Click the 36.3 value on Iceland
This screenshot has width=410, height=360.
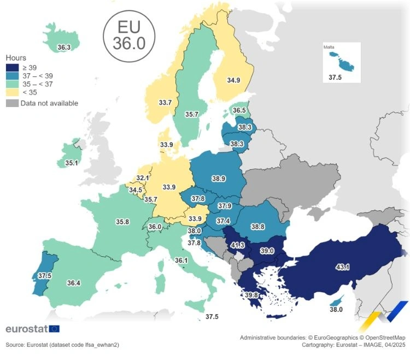(x=63, y=48)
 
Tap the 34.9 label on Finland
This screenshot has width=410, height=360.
(x=233, y=80)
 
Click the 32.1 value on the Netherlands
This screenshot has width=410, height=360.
(x=143, y=178)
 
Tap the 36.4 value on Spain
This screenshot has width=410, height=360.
(x=74, y=283)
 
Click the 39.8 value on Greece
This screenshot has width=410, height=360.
(x=252, y=296)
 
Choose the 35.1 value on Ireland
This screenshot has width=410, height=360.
(x=72, y=163)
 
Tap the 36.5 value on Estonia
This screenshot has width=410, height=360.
(x=239, y=110)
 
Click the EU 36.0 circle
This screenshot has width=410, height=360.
(x=129, y=36)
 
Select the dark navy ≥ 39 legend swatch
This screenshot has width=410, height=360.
(x=12, y=67)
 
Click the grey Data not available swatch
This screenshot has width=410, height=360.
(x=12, y=103)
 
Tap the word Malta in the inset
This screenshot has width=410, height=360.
(x=329, y=48)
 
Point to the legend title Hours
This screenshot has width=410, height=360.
(x=16, y=57)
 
